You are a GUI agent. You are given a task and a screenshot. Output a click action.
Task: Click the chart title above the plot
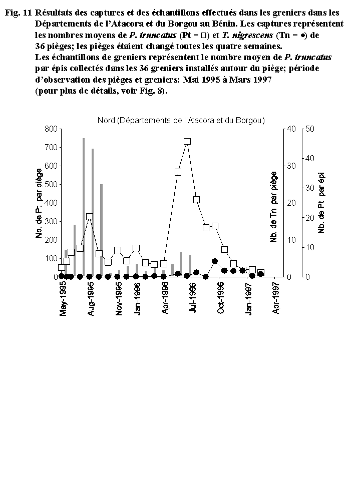coord(181,120)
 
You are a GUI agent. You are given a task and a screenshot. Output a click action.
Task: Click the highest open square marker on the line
coord(187,142)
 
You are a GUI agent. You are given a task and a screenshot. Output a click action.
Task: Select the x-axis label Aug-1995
coord(91,299)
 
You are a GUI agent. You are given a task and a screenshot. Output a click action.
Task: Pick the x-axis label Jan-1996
coord(137,299)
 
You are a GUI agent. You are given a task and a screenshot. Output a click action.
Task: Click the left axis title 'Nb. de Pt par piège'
coord(39,203)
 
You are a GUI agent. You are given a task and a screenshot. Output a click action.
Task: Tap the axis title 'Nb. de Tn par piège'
coord(273,207)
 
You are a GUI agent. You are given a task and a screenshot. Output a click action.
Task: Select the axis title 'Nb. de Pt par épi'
coord(321,203)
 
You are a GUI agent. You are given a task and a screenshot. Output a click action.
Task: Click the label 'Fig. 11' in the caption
coord(18,13)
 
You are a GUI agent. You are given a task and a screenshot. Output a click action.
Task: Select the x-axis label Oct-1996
coord(220,299)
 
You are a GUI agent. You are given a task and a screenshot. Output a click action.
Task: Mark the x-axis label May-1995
coord(63,299)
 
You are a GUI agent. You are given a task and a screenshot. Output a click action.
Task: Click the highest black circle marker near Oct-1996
coord(215,261)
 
